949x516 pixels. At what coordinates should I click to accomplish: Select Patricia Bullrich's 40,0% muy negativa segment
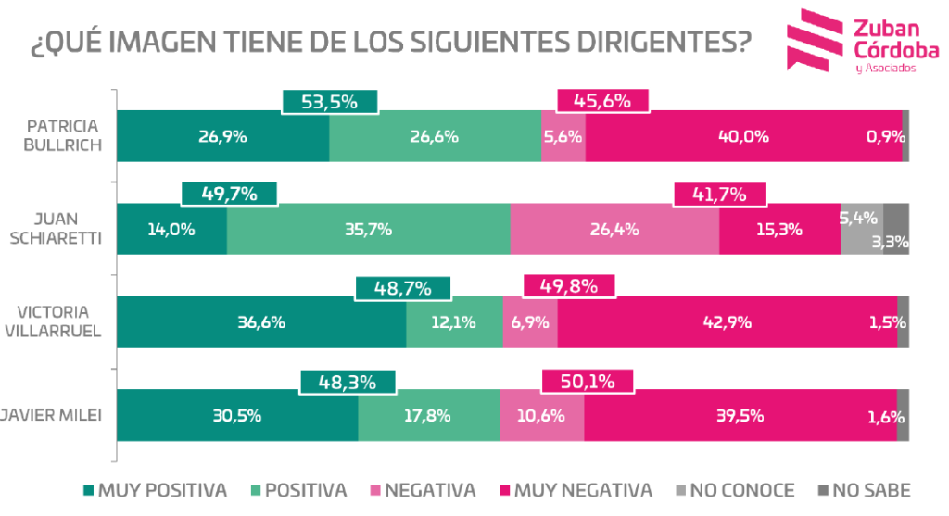pos(744,136)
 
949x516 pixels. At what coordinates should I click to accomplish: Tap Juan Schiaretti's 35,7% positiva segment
pos(368,229)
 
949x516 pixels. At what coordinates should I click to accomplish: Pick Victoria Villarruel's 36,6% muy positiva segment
pos(260,322)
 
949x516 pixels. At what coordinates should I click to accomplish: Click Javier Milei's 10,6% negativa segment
pos(542,415)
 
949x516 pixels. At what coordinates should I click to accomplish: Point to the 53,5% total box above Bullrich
pos(330,102)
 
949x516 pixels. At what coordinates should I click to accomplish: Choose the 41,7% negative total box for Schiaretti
pos(720,195)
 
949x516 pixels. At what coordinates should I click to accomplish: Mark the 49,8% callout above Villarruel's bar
pos(569,287)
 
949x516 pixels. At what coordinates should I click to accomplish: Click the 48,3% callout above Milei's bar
pos(348,380)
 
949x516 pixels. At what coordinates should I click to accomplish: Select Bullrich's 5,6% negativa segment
pos(563,136)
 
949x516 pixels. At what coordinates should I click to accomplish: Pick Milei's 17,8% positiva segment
pos(428,415)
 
